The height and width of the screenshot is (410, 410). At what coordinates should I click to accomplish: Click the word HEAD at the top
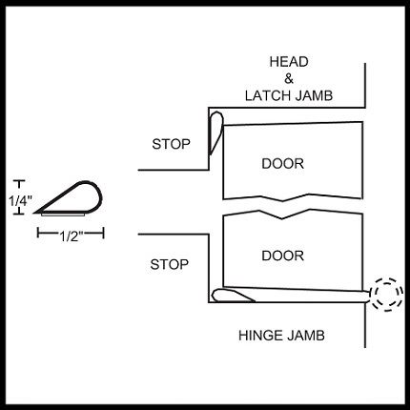[289, 62]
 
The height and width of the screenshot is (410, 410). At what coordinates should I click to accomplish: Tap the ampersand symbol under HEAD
[289, 78]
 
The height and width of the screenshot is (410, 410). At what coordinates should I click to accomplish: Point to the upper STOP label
[171, 144]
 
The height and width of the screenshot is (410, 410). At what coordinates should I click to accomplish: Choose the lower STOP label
[170, 264]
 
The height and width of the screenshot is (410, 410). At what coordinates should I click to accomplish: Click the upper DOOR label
[282, 164]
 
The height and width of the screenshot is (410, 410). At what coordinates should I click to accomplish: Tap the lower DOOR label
[282, 256]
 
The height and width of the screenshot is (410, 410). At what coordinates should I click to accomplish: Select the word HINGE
[257, 336]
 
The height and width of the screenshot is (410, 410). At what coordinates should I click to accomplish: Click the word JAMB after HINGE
[305, 336]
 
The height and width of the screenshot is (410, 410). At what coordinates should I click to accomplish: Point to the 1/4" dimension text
[20, 201]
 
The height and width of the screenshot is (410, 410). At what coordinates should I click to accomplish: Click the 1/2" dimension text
[72, 236]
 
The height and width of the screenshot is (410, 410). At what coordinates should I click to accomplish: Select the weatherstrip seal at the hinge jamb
[233, 296]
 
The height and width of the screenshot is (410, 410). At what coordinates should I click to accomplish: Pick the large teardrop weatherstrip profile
[69, 198]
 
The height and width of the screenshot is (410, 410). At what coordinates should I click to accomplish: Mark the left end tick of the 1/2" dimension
[38, 233]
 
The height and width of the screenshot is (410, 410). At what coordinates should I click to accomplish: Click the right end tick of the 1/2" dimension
[103, 233]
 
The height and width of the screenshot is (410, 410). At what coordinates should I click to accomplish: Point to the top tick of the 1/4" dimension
[20, 181]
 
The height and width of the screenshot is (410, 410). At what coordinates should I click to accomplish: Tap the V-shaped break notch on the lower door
[282, 215]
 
